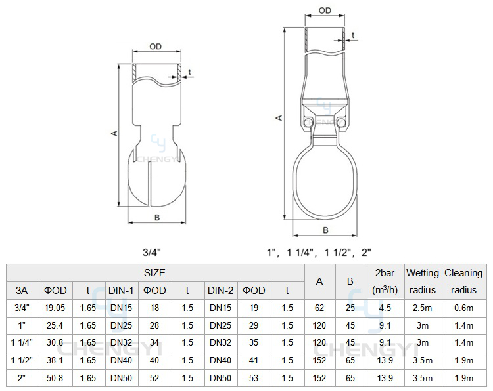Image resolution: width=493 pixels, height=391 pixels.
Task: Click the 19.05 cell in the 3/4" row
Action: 55,308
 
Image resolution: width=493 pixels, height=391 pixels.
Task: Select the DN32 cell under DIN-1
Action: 122,342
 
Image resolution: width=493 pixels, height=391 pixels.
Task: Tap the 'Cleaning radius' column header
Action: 463,281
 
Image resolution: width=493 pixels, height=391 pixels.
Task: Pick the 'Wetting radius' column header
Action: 423,281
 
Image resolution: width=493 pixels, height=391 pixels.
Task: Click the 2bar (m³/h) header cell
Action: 385,281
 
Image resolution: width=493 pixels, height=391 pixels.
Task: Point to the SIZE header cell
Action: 154,273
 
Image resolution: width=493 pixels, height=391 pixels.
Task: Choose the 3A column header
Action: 22,291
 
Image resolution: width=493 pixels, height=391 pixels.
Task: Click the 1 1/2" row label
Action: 22,360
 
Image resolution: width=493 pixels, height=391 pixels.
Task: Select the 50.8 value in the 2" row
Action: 55,378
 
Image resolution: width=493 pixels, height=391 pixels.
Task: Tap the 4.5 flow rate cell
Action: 385,308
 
